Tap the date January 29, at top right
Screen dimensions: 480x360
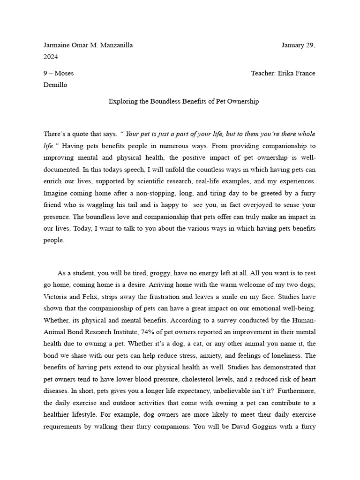(298, 45)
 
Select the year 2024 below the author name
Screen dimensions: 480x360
(51, 57)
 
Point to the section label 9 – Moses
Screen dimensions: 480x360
(59, 73)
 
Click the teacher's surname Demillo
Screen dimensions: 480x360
(55, 85)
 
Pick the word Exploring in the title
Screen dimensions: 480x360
(121, 101)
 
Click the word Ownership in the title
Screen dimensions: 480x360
(242, 101)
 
